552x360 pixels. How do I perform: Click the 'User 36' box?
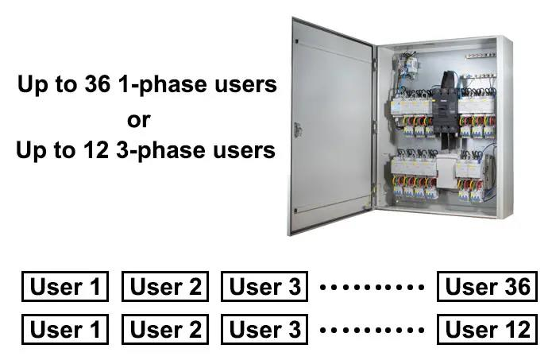tap(487, 287)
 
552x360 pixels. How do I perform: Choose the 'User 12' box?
tap(487, 329)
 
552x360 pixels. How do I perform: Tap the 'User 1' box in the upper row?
tap(65, 287)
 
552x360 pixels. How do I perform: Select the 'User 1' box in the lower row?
tap(65, 329)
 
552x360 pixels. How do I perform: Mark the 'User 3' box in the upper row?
tap(264, 287)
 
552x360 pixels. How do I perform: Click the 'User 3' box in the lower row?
tap(264, 329)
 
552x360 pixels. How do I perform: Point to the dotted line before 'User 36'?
tap(371, 287)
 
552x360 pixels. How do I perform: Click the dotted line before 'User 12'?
tap(371, 329)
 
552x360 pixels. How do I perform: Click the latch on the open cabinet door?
tap(297, 130)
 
